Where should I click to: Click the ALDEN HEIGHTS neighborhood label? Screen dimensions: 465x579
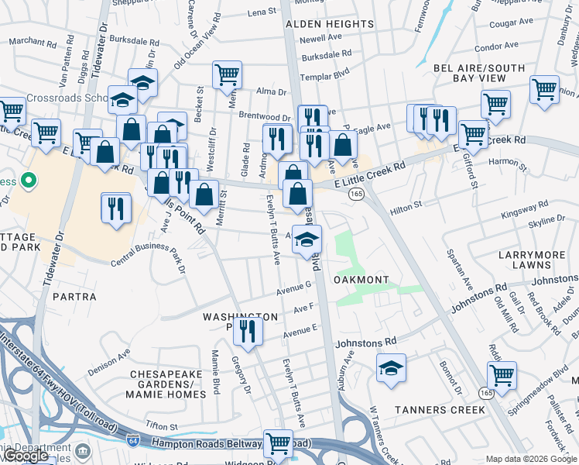pyautogui.click(x=330, y=24)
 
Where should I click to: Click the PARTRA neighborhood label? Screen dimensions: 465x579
pyautogui.click(x=74, y=297)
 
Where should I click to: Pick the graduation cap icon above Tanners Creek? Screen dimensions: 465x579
pyautogui.click(x=392, y=368)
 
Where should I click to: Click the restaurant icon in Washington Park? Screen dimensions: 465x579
pyautogui.click(x=248, y=331)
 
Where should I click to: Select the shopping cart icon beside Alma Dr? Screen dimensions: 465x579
pyautogui.click(x=228, y=74)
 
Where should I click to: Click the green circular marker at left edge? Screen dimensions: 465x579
pyautogui.click(x=29, y=181)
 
